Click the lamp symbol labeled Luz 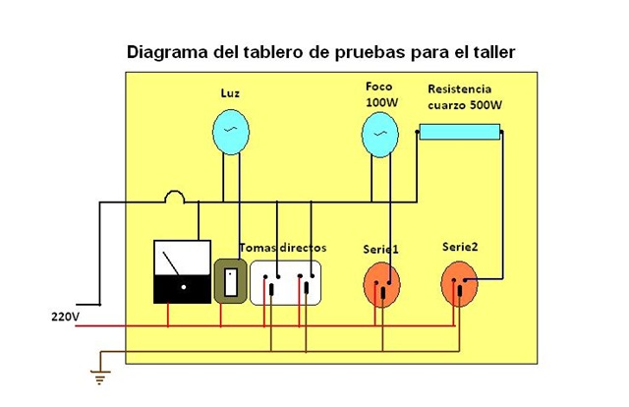tap(232, 131)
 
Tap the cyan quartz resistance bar tap(459, 130)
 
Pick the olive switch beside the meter tap(230, 281)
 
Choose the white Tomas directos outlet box tap(288, 282)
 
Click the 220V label tap(65, 318)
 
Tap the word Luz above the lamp tap(232, 93)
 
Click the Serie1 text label tap(379, 250)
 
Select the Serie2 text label tap(460, 246)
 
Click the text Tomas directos tap(283, 248)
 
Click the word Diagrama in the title tap(168, 51)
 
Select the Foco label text tap(378, 86)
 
